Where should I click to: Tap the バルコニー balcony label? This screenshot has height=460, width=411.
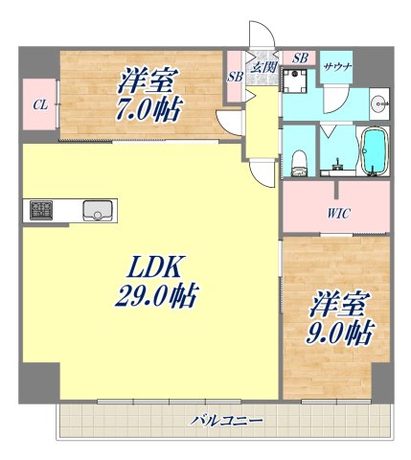tap(226, 419)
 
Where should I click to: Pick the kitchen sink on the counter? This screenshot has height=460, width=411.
tap(98, 209)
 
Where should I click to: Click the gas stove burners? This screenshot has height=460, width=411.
tap(42, 209)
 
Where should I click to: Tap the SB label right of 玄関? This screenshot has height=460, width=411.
tap(299, 58)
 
